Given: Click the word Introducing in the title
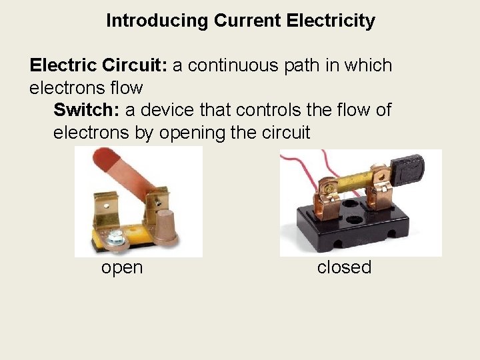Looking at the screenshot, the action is click(x=157, y=21).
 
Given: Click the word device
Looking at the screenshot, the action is click(x=171, y=110).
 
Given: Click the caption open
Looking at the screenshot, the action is click(x=122, y=267).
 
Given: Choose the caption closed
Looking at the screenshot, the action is click(x=344, y=267).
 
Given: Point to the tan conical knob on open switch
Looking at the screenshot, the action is click(x=167, y=225).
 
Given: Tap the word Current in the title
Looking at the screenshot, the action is click(x=247, y=21).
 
